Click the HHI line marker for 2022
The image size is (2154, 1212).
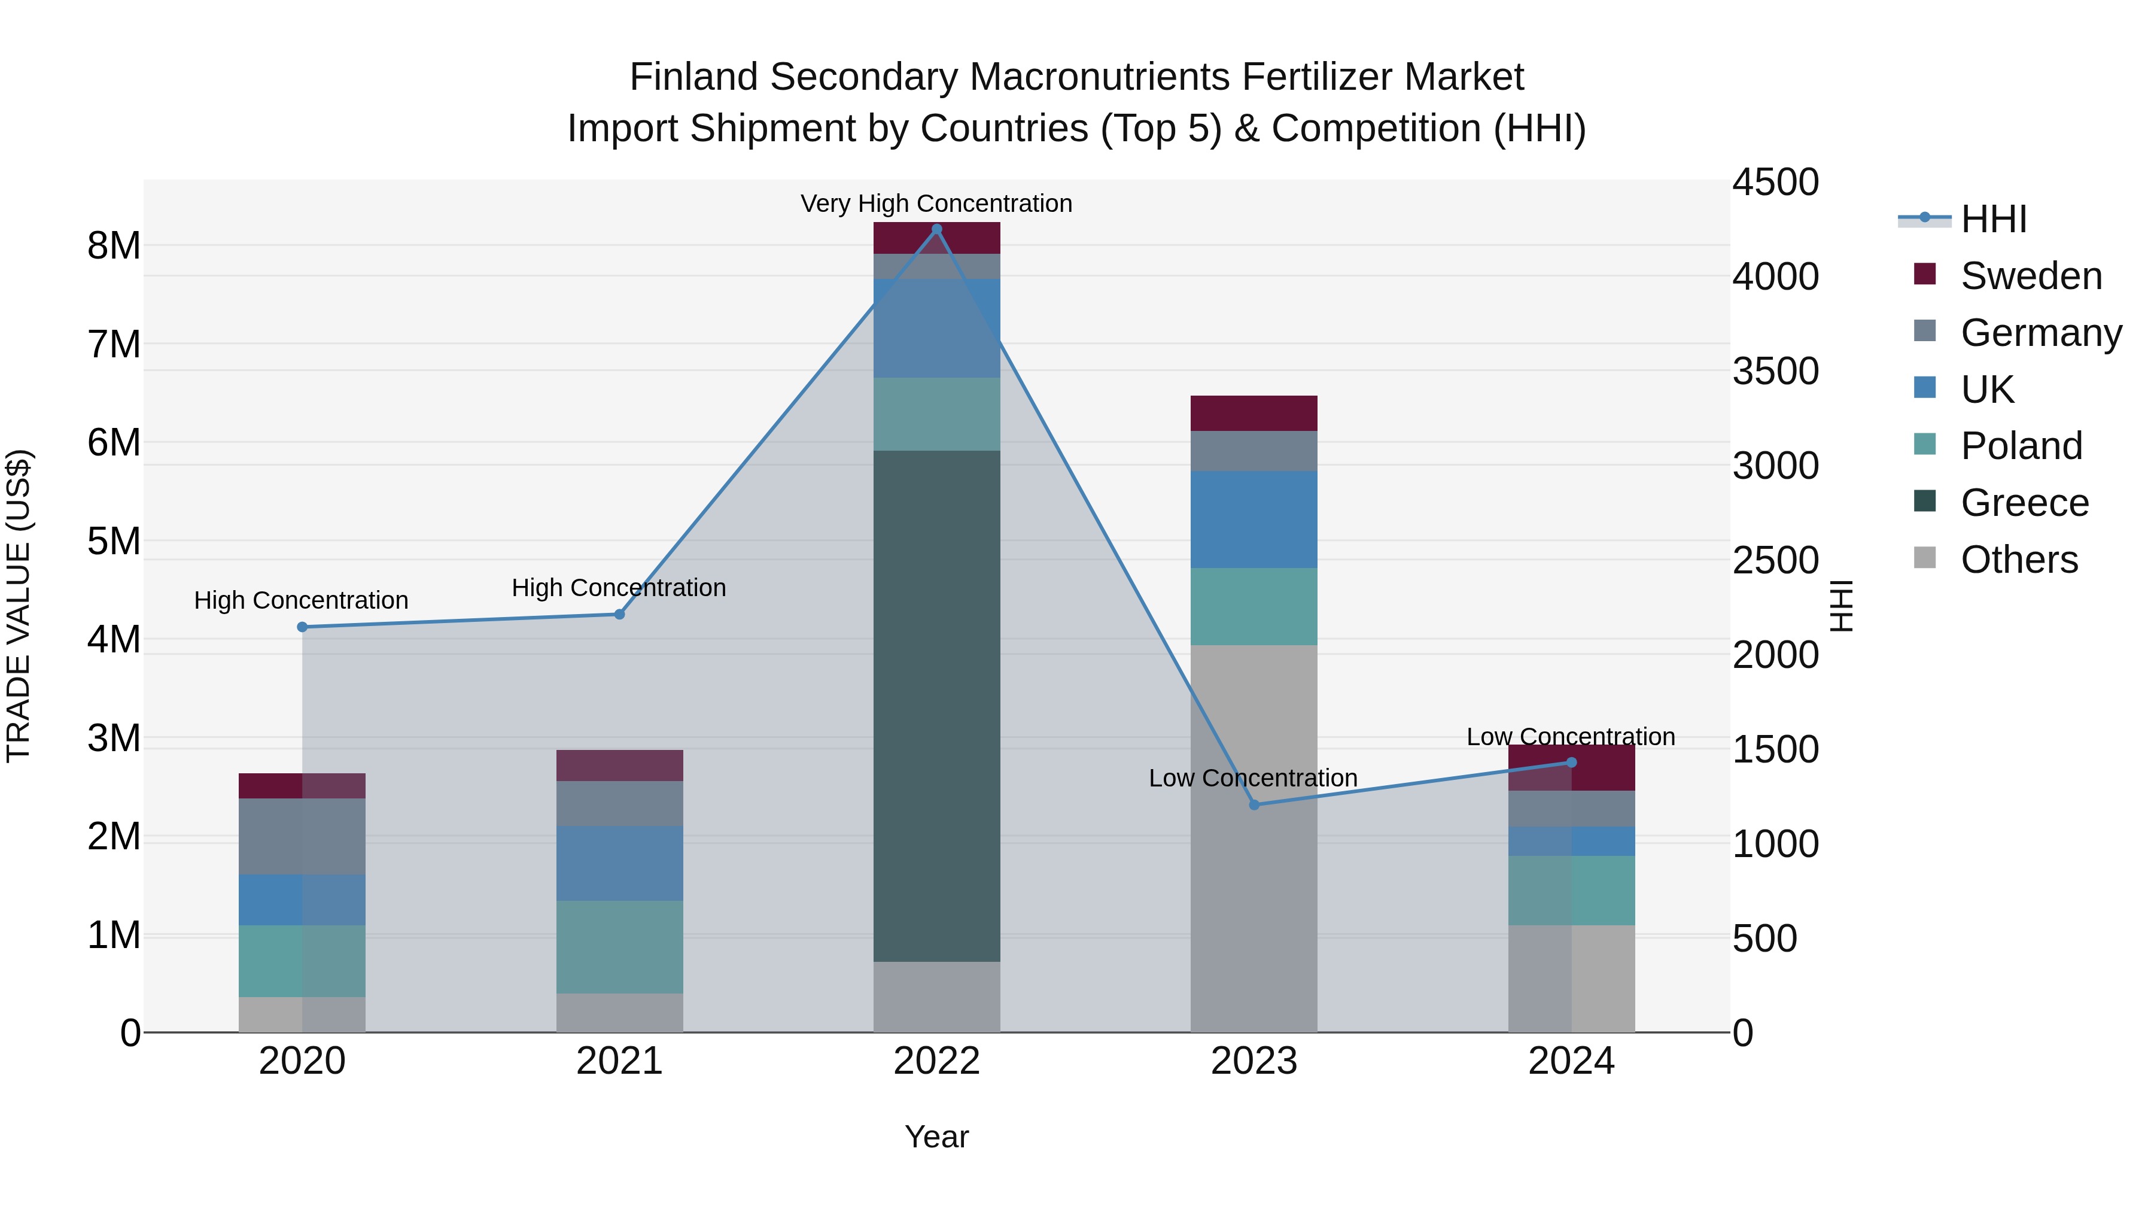936,229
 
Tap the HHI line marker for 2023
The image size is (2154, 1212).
1254,804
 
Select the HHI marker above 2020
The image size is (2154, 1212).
303,627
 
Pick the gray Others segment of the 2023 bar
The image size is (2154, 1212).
1254,837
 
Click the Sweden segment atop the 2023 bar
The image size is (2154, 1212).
1254,413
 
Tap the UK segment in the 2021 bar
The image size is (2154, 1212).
620,863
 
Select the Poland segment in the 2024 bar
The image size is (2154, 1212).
1571,890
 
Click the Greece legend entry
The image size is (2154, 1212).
2024,503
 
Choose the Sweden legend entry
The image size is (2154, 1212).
2030,276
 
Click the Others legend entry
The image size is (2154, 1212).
2019,560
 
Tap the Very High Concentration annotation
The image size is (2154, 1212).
936,203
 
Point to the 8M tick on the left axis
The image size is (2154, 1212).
114,246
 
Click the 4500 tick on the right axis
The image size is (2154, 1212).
1775,183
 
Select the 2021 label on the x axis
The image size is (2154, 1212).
620,1061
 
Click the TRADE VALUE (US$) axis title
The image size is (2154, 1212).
19,606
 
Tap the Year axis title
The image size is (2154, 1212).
936,1137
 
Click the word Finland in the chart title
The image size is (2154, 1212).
693,77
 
